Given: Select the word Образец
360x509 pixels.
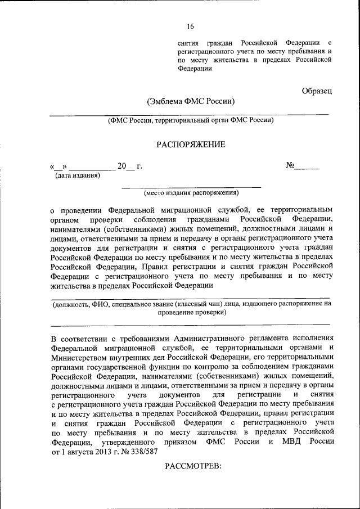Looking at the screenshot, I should [x=317, y=91].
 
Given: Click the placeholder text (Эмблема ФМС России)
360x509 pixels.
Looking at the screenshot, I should [x=190, y=102].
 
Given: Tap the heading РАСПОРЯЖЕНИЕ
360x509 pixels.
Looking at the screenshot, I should [x=190, y=145].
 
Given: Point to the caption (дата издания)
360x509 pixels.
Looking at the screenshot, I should [x=77, y=175].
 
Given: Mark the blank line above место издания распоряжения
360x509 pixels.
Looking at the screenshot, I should [x=191, y=186].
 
